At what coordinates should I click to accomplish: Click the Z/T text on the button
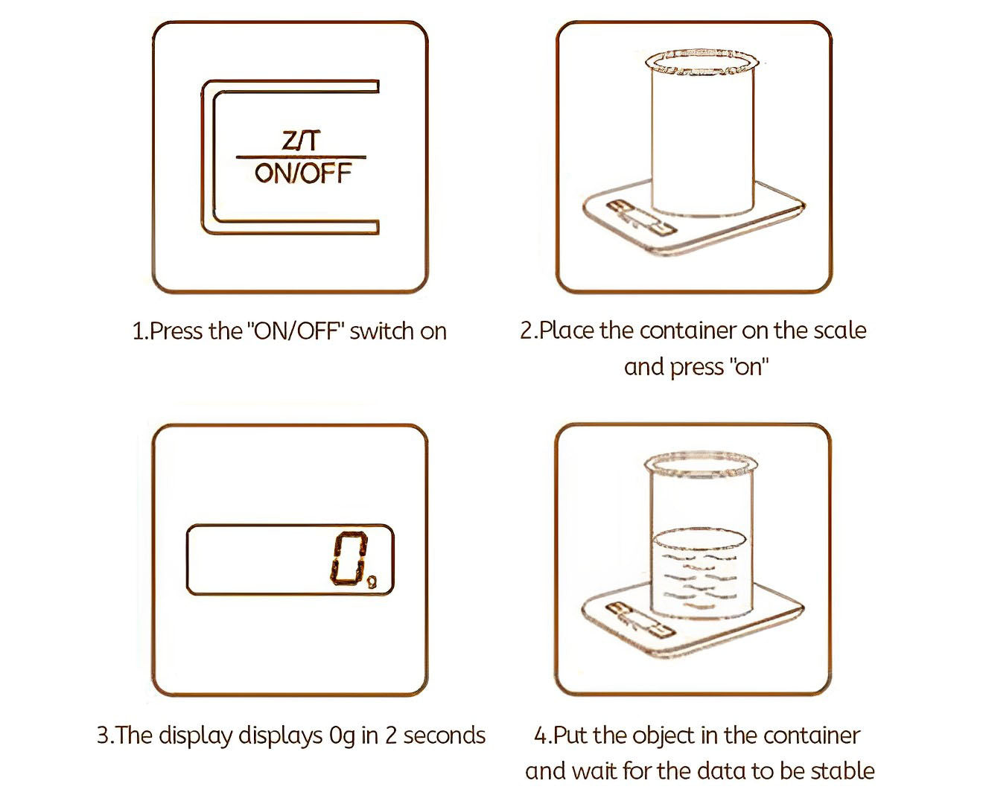click(301, 140)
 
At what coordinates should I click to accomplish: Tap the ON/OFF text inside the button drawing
click(303, 173)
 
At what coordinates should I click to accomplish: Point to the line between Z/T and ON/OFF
click(301, 157)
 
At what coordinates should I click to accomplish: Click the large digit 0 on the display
click(349, 558)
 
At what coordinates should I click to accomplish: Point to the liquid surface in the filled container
click(699, 539)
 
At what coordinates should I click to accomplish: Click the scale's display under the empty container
click(640, 217)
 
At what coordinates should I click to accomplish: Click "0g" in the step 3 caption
click(342, 736)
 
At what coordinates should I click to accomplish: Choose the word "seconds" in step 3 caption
click(444, 736)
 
